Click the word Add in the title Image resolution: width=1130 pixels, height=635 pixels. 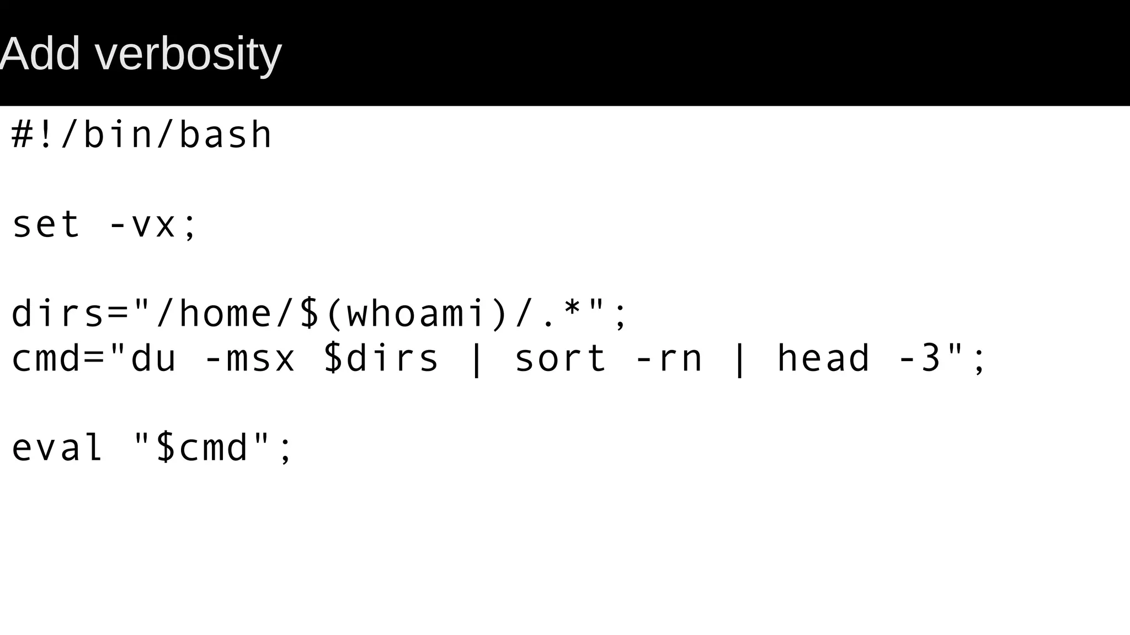point(40,54)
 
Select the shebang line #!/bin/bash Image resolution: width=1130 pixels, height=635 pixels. point(141,135)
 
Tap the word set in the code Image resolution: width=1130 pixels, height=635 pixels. point(46,225)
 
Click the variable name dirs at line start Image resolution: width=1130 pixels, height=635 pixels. point(57,314)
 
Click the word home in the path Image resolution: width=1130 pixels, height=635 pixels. point(225,314)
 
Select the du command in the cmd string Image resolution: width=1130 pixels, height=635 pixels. point(153,358)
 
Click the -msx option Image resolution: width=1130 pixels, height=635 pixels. point(250,358)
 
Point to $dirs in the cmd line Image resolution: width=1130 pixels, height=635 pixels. point(381,358)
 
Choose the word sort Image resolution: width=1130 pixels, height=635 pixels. point(561,358)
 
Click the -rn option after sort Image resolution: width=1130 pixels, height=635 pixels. point(669,358)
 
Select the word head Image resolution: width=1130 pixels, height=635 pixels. point(823,358)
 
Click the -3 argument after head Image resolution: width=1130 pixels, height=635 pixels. point(920,358)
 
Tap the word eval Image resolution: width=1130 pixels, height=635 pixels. point(57,447)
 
